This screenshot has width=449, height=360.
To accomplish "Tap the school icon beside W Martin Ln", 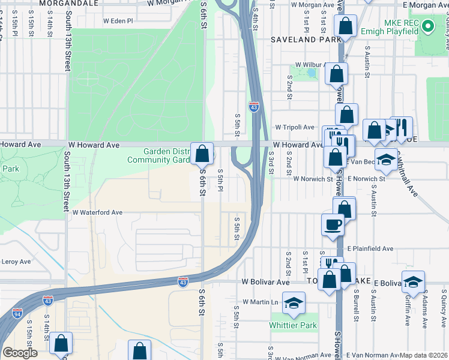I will (294, 303).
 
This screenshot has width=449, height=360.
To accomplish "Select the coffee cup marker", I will (333, 225).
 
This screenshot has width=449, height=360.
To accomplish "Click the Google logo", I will (19, 353).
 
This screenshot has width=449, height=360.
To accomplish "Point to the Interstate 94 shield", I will (16, 313).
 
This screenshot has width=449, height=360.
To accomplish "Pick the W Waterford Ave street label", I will (97, 212).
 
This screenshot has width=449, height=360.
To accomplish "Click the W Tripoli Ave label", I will (295, 127).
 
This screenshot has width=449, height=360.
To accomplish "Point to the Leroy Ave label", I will (16, 262).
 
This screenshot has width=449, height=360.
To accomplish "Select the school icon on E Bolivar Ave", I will (413, 282).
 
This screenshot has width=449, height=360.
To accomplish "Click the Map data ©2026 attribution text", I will (423, 355).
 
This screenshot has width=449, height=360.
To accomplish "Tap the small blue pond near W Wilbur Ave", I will (311, 73).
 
